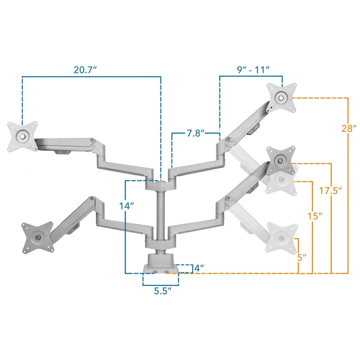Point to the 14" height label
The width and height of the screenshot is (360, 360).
[x=127, y=206]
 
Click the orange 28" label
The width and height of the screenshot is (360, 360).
[x=349, y=129]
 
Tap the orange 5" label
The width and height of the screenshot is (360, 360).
[x=302, y=257]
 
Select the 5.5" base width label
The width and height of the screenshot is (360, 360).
[x=163, y=291]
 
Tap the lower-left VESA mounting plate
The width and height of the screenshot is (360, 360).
[x=37, y=238]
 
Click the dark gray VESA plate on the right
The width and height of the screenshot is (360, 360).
[x=280, y=161]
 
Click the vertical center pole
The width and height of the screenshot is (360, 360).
[x=160, y=214]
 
